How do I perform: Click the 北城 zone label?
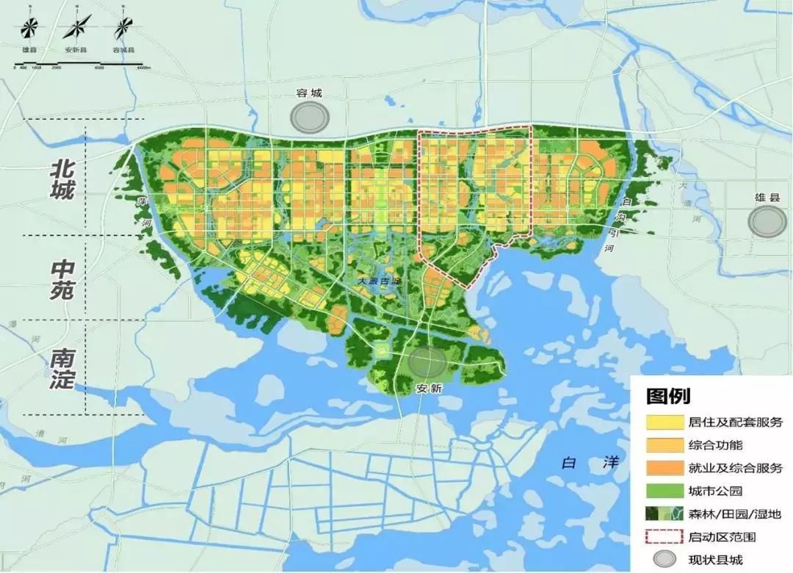[62, 180]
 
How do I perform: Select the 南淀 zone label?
[62, 368]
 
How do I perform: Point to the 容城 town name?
[309, 93]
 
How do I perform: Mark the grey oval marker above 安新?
[427, 361]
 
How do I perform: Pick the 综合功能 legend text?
[715, 445]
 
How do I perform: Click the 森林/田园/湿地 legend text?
[727, 513]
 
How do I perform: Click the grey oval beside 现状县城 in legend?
[663, 559]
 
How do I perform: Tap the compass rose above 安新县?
[76, 29]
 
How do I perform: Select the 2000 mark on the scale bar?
[57, 68]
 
